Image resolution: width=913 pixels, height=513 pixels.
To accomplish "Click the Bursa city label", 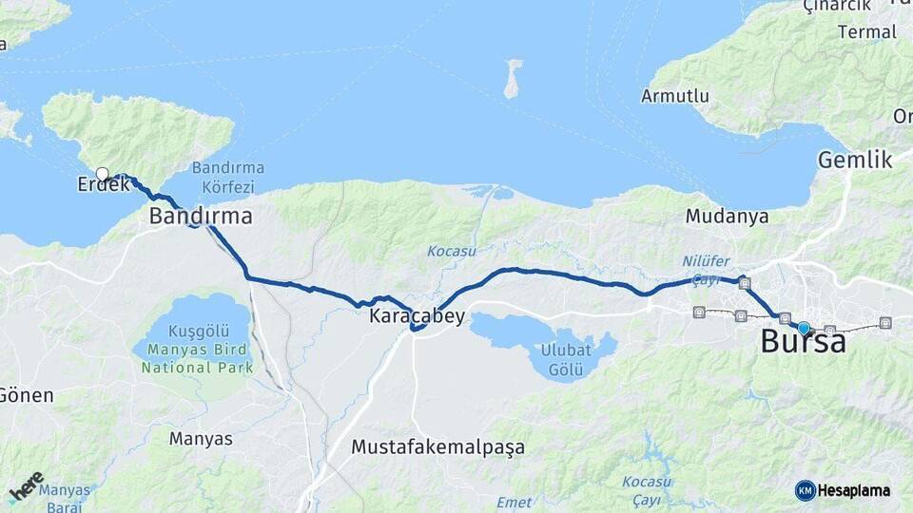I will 803,342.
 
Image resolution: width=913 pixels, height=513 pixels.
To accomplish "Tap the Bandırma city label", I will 201,217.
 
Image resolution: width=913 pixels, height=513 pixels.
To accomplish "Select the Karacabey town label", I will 418,316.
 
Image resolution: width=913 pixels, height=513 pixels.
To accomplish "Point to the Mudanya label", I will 727,217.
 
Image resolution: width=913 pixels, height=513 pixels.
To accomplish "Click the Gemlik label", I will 855,160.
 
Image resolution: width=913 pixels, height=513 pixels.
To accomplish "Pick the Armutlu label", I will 675,96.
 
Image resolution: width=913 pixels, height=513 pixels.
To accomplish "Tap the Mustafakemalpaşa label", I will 437,446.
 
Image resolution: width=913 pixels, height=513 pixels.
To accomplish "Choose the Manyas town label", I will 201,439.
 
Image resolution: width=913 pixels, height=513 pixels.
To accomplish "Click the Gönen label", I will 27,395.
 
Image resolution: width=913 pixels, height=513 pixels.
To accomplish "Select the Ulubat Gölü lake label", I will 566,360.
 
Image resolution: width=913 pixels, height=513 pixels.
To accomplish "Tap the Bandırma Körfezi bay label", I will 228,176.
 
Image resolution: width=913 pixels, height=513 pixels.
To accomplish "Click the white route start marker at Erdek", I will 103,174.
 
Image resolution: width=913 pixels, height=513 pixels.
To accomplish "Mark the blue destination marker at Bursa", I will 804,328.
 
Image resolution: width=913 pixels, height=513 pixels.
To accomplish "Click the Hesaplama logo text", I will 854,490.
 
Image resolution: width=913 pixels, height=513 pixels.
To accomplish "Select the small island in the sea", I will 513,79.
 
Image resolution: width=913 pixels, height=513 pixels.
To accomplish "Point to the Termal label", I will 867,32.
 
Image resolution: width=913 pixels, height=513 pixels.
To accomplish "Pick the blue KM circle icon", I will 805,490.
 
